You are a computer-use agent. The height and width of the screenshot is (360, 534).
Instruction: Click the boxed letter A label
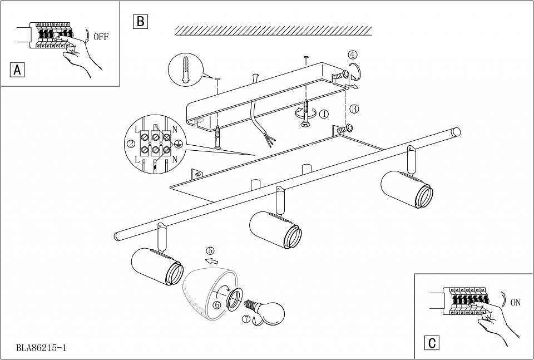[18, 70]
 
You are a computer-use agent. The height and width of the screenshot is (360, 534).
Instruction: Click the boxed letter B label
[140, 22]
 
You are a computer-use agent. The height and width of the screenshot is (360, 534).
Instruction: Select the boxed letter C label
[431, 343]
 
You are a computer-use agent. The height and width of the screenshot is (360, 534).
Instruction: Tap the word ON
[515, 303]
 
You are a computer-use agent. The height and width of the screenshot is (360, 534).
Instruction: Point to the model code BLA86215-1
[42, 348]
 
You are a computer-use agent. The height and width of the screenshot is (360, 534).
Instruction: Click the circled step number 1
[324, 114]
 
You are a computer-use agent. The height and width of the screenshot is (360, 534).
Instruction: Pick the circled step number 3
[354, 109]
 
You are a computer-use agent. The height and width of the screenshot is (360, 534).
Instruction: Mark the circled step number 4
[353, 55]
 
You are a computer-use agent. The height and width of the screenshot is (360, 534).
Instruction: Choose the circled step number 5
[209, 250]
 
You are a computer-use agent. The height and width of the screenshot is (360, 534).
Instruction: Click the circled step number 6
[217, 304]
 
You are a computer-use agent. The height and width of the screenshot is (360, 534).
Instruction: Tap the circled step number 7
[246, 319]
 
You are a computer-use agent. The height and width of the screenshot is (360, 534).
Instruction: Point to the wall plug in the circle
[185, 70]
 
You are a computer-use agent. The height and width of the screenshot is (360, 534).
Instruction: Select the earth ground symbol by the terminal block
[179, 144]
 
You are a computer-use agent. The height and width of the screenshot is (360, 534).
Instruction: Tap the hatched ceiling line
[273, 30]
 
